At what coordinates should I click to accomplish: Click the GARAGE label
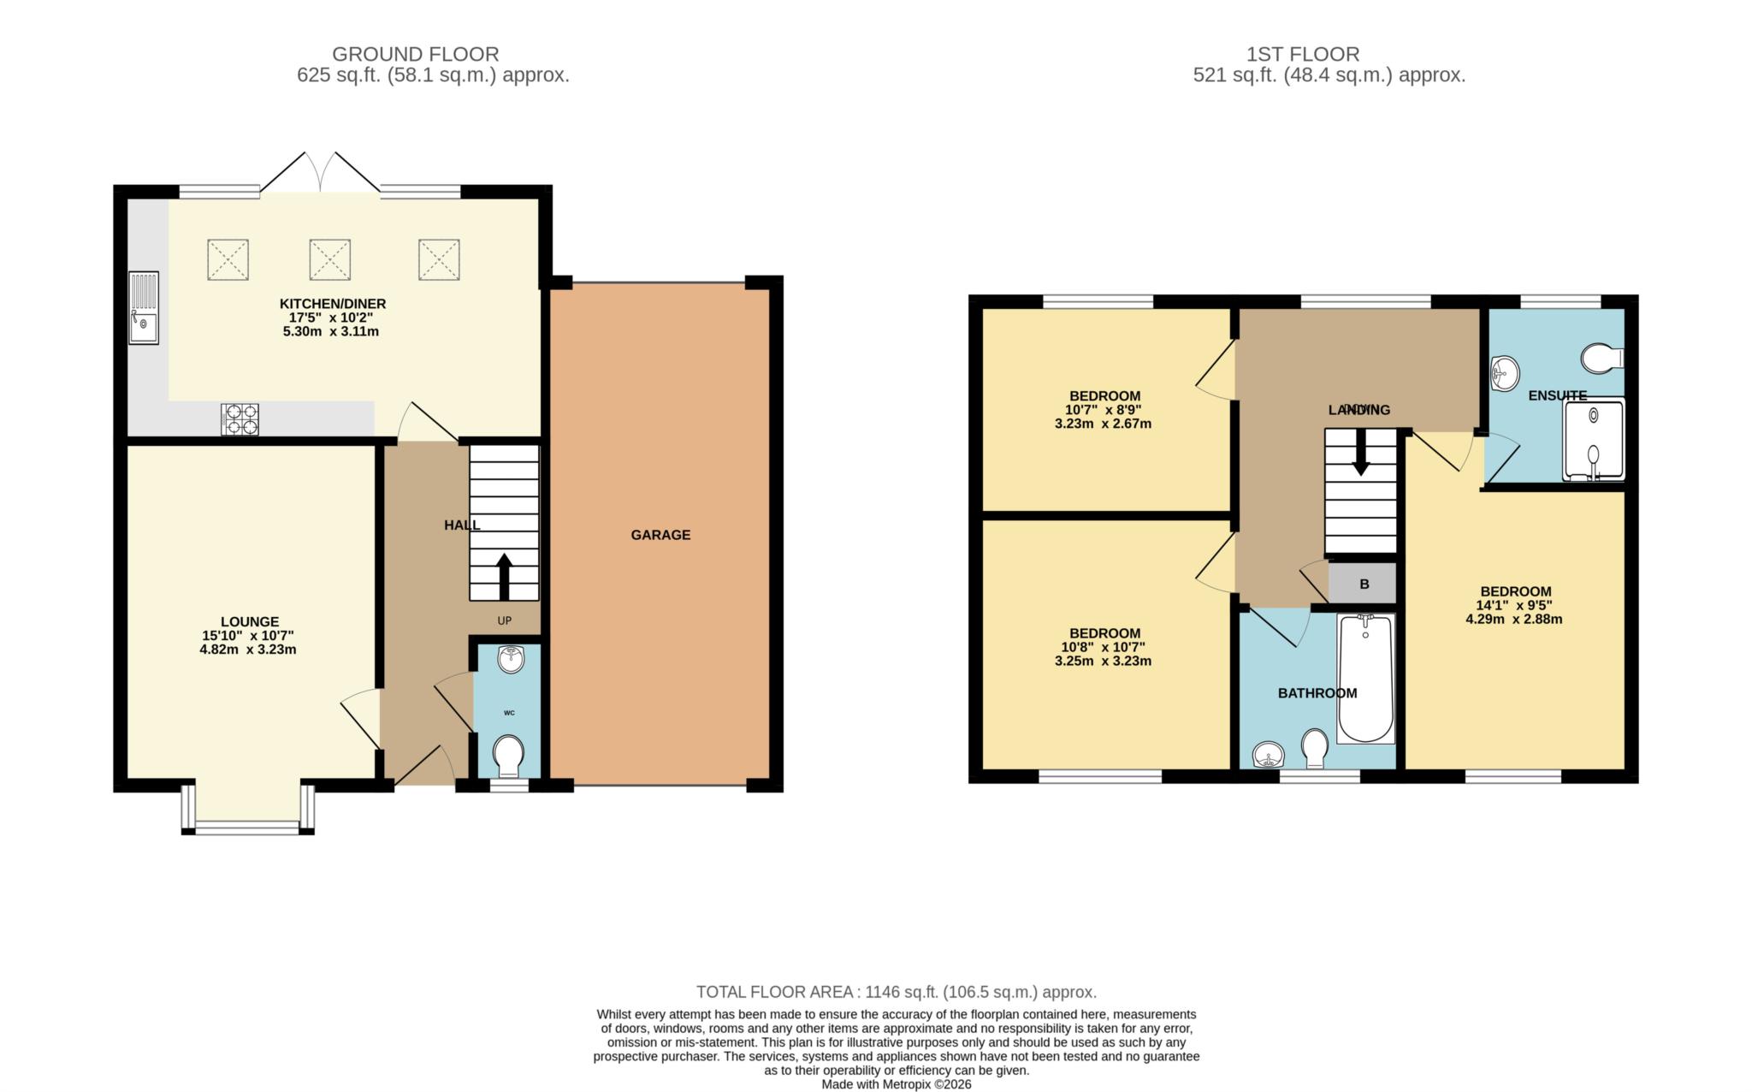pyautogui.click(x=660, y=535)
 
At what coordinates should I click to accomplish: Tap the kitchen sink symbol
pyautogui.click(x=144, y=308)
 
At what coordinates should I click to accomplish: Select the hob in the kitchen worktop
pyautogui.click(x=240, y=419)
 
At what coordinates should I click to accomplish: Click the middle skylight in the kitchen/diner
pyautogui.click(x=329, y=259)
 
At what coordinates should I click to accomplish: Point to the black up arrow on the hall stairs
pyautogui.click(x=503, y=576)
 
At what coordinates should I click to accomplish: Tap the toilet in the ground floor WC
pyautogui.click(x=509, y=754)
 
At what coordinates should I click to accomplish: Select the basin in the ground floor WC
pyautogui.click(x=511, y=660)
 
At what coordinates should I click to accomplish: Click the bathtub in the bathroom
pyautogui.click(x=1366, y=678)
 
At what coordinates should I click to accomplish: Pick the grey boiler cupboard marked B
pyautogui.click(x=1364, y=584)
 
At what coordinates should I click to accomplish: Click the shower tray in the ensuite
pyautogui.click(x=1594, y=440)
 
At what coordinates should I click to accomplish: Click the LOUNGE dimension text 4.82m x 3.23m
pyautogui.click(x=248, y=650)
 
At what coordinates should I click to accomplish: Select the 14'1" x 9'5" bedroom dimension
pyautogui.click(x=1515, y=606)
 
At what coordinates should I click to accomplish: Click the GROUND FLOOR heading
pyautogui.click(x=415, y=55)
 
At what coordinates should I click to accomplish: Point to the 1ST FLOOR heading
pyautogui.click(x=1303, y=55)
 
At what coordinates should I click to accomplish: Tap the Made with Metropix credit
pyautogui.click(x=896, y=1084)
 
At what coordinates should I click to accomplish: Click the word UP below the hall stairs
pyautogui.click(x=505, y=620)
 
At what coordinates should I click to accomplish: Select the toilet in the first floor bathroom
pyautogui.click(x=1315, y=748)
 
